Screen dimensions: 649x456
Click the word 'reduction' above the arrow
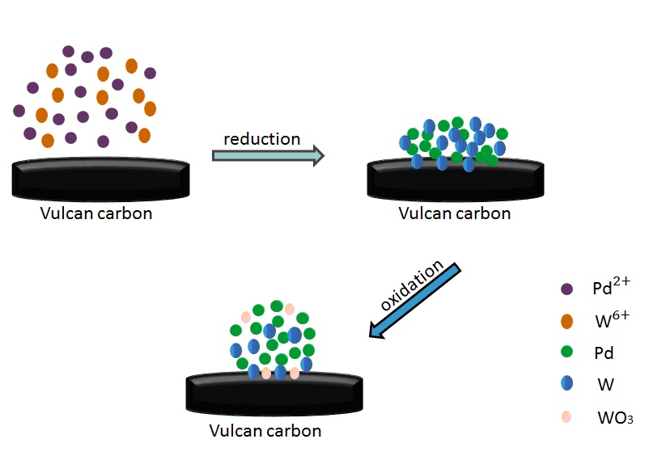261,138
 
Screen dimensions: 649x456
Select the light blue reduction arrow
268,155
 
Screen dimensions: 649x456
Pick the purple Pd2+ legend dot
566,289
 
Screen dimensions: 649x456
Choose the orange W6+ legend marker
566,321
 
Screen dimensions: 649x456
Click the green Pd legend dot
566,353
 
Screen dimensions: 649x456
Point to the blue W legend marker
566,385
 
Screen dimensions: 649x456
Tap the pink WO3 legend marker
566,417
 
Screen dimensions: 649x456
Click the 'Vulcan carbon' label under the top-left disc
96,214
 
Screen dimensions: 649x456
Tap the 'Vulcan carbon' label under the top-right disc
455,214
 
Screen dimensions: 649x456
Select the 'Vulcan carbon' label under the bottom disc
265,431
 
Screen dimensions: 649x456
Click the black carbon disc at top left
100,180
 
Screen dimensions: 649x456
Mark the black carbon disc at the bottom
274,395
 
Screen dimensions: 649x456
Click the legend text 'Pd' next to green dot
604,353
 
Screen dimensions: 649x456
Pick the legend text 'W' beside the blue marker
605,386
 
